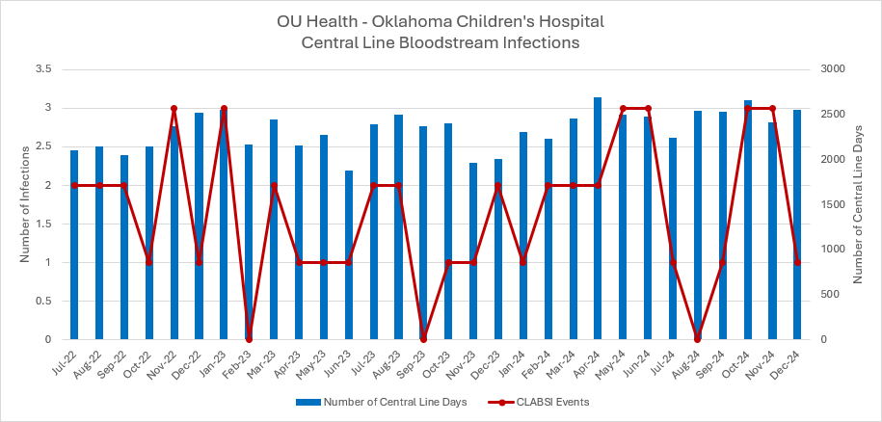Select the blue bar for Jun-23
coord(348,255)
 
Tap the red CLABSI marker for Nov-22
coord(174,108)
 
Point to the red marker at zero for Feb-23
coord(249,339)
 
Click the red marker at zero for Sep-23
coord(423,339)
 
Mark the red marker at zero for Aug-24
coord(697,339)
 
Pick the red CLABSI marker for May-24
coord(623,108)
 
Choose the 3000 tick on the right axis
coord(832,69)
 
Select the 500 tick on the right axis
coord(828,295)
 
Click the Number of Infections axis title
coord(25,204)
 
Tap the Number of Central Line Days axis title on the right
coord(858,204)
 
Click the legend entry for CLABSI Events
coord(549,402)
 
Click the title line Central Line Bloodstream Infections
coord(440,42)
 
